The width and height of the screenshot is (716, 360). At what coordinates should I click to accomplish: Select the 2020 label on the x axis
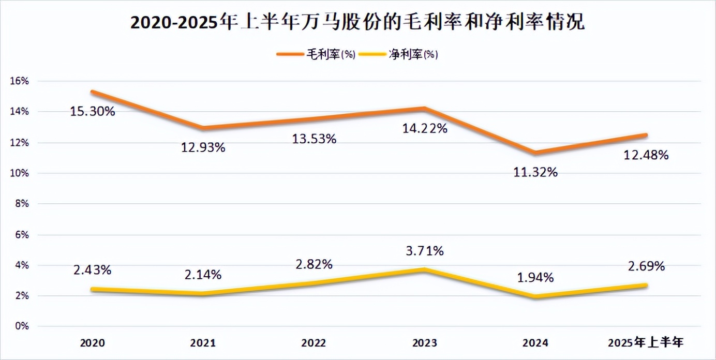point(93,343)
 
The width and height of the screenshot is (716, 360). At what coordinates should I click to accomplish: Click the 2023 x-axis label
point(425,343)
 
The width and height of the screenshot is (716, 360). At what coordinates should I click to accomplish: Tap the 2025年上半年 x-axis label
point(646,343)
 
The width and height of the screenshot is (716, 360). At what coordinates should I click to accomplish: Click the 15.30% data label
point(93,111)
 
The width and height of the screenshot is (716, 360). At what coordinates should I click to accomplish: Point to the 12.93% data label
point(203,147)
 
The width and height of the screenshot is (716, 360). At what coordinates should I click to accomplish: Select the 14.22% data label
point(425,128)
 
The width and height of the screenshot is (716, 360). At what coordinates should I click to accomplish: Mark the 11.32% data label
point(535,172)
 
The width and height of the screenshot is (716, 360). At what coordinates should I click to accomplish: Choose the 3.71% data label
point(425,251)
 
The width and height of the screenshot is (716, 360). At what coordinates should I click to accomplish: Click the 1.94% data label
point(535,278)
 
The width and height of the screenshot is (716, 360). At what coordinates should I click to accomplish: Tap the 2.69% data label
point(646,266)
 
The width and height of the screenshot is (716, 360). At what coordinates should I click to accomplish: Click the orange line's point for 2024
point(535,153)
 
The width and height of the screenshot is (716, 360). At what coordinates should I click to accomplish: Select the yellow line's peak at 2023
point(425,269)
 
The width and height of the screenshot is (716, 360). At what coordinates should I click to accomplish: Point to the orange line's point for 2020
point(93,92)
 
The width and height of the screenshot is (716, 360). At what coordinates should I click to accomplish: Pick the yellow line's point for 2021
point(203,294)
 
